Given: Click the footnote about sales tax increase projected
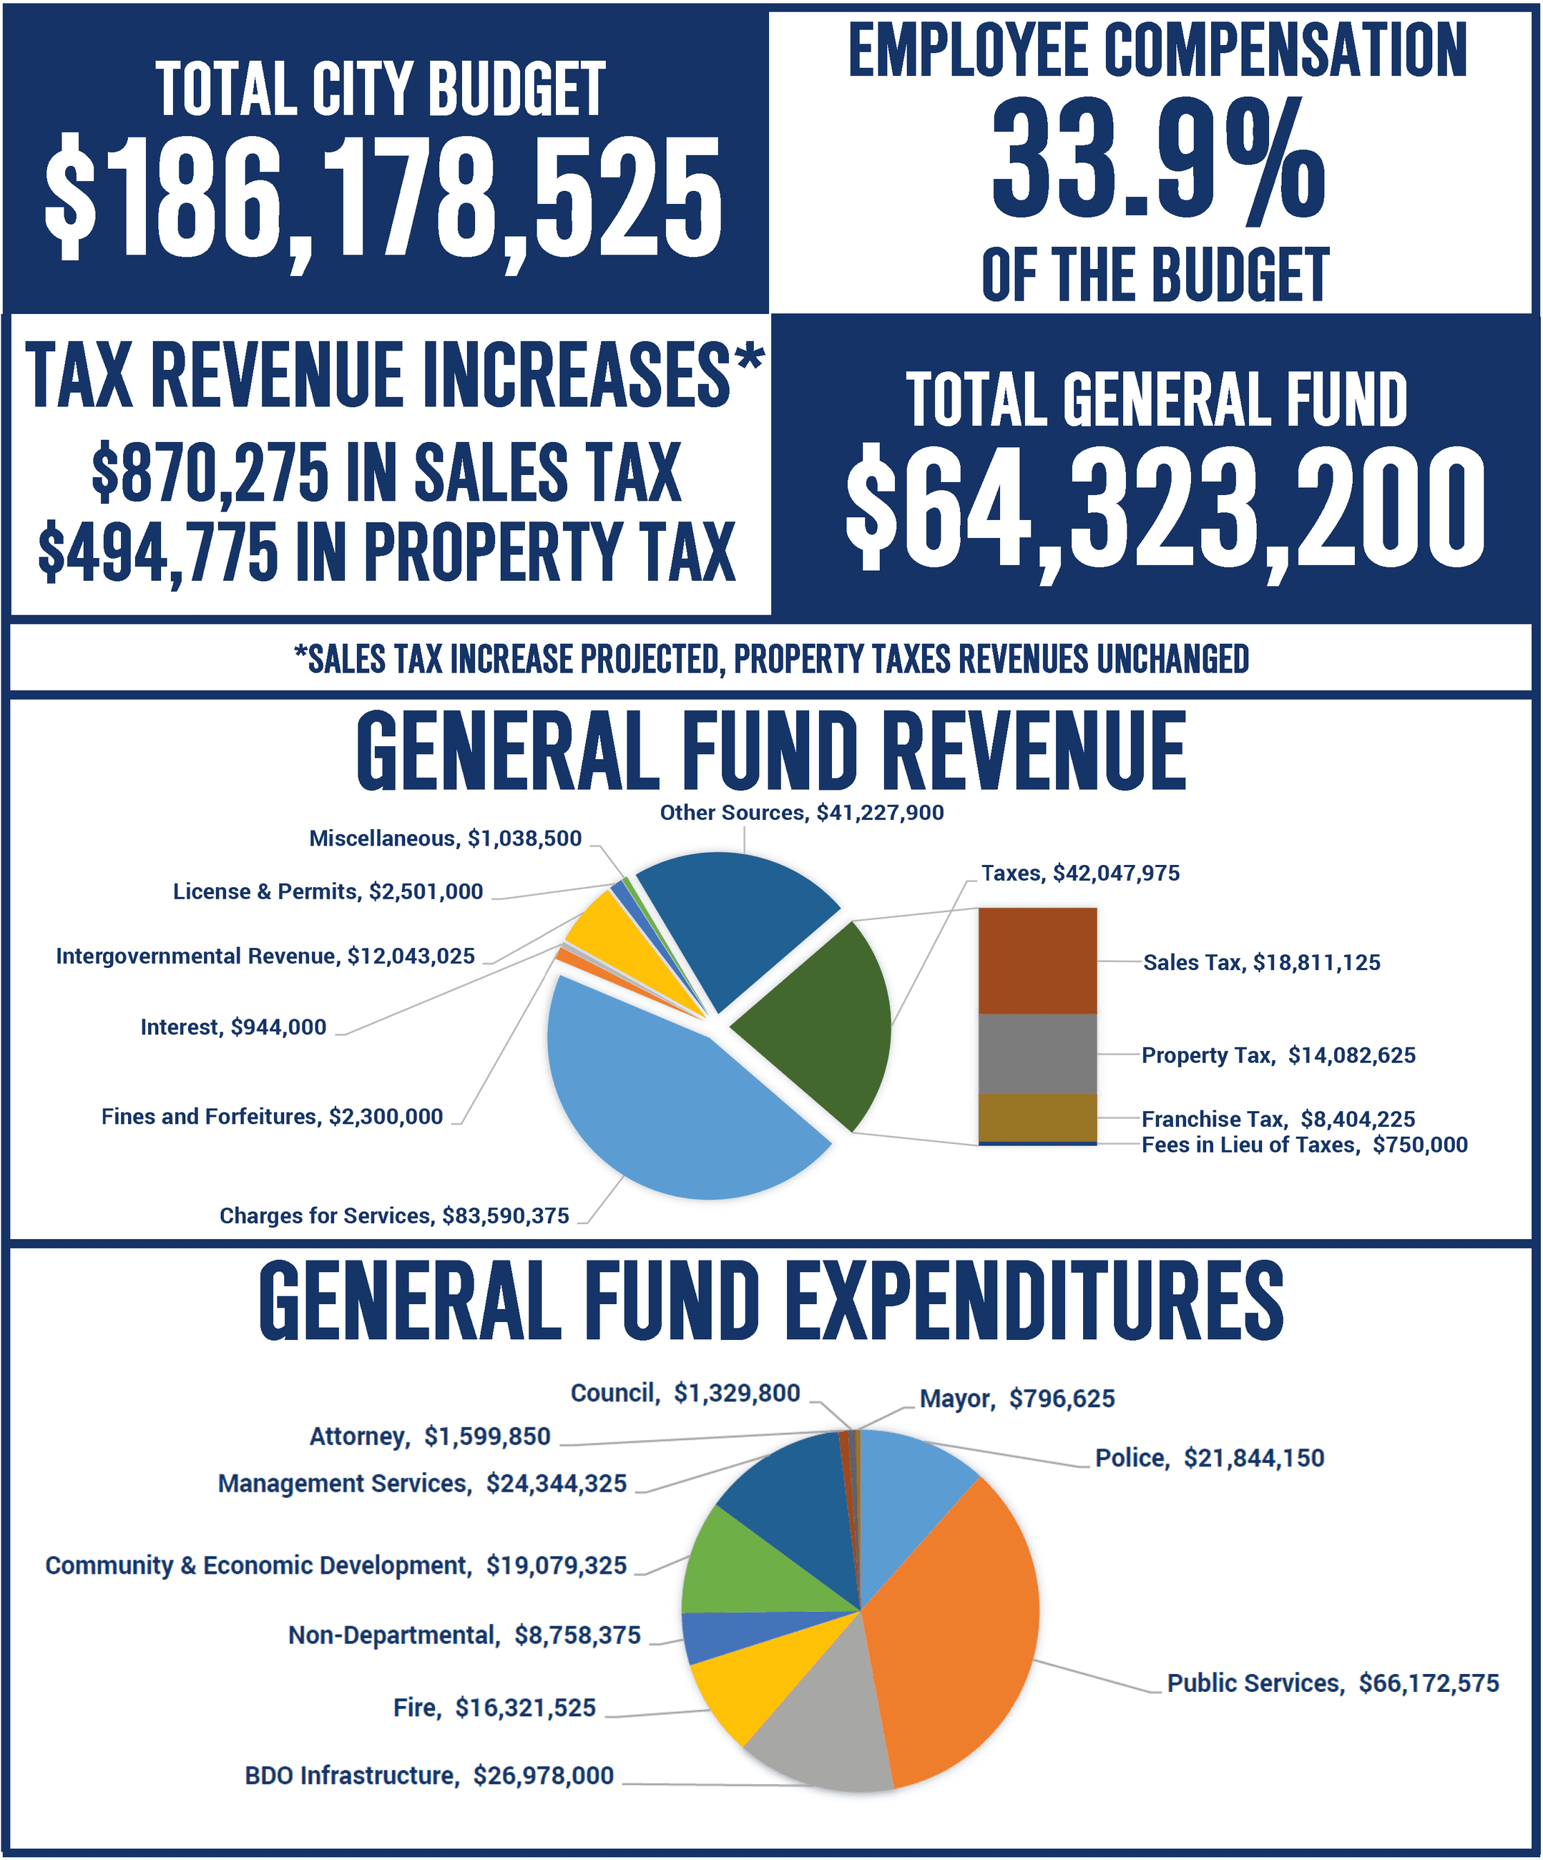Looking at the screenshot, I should click(x=770, y=660).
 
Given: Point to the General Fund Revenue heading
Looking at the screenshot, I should click(x=770, y=752).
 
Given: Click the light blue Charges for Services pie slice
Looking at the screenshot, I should click(x=673, y=1116).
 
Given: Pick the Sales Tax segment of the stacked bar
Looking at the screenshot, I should click(x=1037, y=961).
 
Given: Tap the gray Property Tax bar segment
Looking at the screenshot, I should click(x=1037, y=1054).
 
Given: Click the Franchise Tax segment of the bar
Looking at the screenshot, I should click(x=1037, y=1117).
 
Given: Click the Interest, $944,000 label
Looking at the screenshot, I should click(x=233, y=1027).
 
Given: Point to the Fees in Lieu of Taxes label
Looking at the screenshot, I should click(x=1304, y=1145).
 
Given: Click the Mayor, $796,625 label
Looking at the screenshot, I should click(x=1017, y=1399).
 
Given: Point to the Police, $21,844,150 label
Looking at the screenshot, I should click(x=1209, y=1459).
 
